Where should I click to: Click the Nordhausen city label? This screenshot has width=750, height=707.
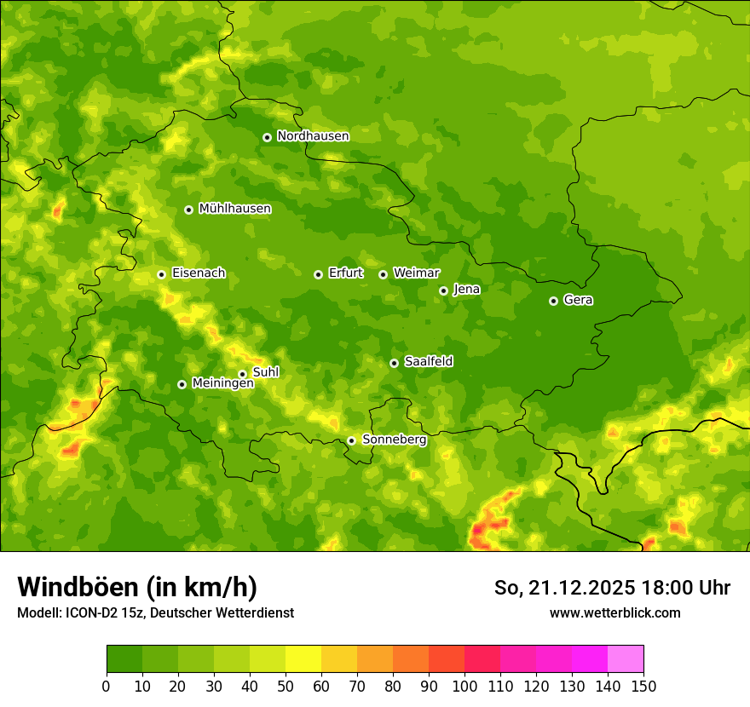[x=313, y=136]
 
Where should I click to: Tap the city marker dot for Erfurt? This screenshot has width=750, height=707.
[x=318, y=274]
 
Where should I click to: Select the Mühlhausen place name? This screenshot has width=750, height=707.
[x=234, y=209]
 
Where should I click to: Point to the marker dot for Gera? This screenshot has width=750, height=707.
[x=553, y=301]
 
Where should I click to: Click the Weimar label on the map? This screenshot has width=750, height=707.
[x=416, y=273]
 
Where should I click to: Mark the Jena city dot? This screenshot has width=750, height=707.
[x=443, y=290]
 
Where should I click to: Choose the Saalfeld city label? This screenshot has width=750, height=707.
[x=428, y=362]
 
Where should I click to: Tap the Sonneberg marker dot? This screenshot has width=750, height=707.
[x=351, y=440]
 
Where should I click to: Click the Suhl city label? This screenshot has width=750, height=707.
[x=265, y=372]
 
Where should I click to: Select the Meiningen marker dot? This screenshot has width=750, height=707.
[x=182, y=384]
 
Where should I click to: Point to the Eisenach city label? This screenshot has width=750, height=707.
[x=199, y=273]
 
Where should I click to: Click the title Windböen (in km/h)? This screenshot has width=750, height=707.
[x=136, y=588]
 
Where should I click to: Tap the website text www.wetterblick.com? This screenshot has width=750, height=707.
[x=614, y=612]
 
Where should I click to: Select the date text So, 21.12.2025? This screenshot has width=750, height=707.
[x=563, y=588]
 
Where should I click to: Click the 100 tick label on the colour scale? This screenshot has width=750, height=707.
[x=464, y=685]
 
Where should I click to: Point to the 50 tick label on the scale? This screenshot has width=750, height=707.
[x=286, y=685]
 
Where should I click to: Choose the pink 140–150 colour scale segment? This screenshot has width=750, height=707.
[x=625, y=659]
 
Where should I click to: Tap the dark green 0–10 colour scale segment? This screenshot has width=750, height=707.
[x=124, y=659]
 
